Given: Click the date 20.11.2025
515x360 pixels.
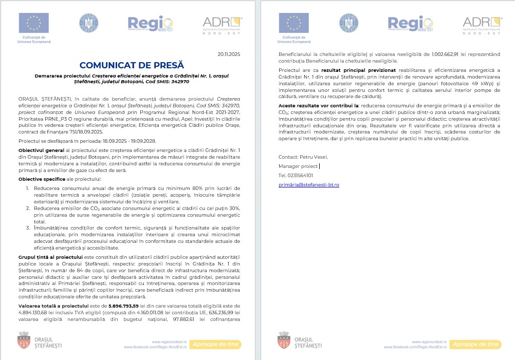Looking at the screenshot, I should (x=229, y=54).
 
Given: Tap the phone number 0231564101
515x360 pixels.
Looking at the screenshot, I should (x=296, y=175).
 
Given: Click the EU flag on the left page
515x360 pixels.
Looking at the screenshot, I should (x=33, y=23).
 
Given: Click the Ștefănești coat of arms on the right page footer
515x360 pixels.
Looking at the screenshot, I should (x=283, y=340).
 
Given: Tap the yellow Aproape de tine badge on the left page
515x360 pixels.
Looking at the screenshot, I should (x=216, y=344).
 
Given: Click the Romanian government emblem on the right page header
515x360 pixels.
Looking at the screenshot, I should (x=349, y=24).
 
